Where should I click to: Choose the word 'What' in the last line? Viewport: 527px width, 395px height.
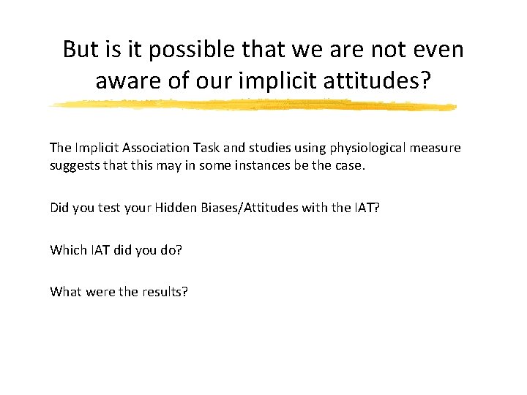coord(64,292)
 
